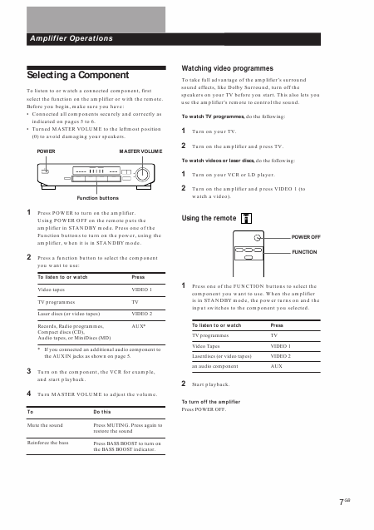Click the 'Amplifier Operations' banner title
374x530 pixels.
[71, 38]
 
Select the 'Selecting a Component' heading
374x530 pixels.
[78, 75]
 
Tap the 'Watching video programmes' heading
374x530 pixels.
[227, 68]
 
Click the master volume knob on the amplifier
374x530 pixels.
[142, 175]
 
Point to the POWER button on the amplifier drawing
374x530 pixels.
[45, 171]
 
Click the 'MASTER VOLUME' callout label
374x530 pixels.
[140, 151]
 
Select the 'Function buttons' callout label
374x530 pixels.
[97, 198]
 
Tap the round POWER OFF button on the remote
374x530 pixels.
[257, 238]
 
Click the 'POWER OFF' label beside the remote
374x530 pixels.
[306, 237]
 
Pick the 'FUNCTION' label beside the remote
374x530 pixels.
[304, 252]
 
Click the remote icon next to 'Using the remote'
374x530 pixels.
[246, 218]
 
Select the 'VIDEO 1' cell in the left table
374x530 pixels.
[142, 290]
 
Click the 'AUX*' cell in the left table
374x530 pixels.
[139, 326]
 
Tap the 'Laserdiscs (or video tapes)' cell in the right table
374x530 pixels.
[221, 356]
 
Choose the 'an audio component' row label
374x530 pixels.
[215, 366]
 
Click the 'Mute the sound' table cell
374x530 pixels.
[45, 425]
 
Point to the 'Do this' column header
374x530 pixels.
[102, 412]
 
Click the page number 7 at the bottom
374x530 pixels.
[342, 503]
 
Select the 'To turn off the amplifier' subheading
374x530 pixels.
[211, 402]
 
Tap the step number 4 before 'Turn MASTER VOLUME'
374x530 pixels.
[29, 394]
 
